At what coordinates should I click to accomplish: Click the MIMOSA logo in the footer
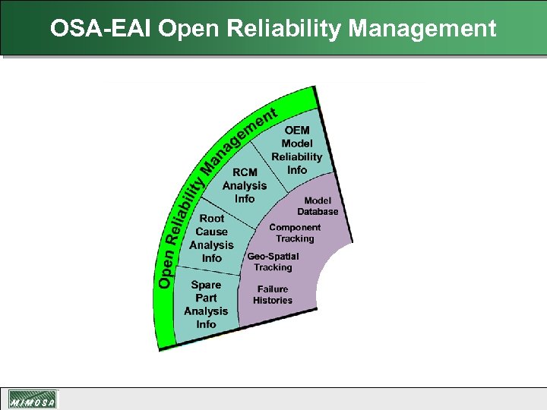click(33, 399)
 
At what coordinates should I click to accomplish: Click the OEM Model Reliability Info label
click(297, 150)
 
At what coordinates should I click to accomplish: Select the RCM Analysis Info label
click(245, 185)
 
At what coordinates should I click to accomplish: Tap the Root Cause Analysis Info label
click(211, 238)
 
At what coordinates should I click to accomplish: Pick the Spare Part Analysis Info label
click(206, 304)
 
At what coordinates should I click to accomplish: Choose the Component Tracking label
click(295, 233)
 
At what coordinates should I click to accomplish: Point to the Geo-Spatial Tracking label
click(273, 262)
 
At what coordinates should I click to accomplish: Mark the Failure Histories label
click(273, 295)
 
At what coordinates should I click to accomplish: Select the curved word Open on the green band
click(165, 272)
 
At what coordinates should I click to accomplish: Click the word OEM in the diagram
click(297, 131)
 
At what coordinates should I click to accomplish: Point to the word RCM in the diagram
click(245, 172)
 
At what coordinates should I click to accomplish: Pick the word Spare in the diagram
click(206, 285)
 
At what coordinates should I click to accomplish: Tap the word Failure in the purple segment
click(273, 289)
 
